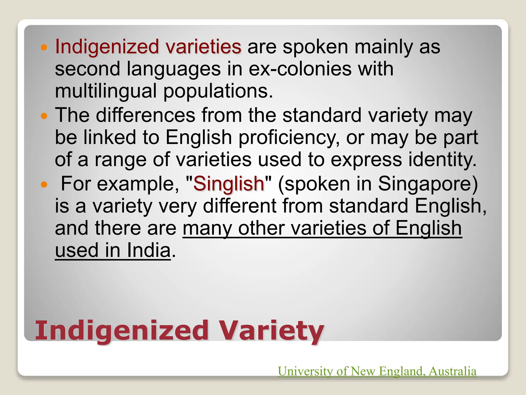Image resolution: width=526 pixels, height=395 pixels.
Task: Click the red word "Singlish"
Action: [x=229, y=184]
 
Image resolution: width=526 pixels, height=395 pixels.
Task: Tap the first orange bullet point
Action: [x=44, y=47]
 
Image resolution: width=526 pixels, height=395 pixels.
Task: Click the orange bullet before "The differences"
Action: [x=44, y=116]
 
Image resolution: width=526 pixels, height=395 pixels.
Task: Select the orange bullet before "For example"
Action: [x=44, y=185]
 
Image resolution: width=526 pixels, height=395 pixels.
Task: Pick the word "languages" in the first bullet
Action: [x=174, y=69]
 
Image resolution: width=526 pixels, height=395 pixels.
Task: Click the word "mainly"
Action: [x=384, y=47]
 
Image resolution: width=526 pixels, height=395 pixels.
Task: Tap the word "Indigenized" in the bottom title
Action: [x=122, y=331]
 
